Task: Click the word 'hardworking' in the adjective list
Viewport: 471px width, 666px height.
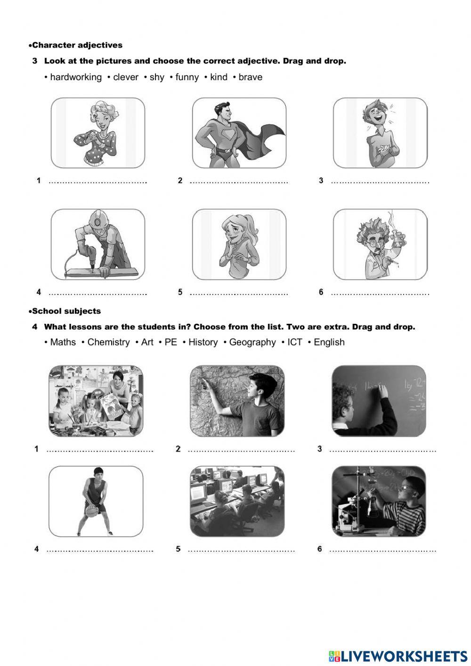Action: tap(75, 77)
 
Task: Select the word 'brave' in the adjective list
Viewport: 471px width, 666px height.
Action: tap(250, 77)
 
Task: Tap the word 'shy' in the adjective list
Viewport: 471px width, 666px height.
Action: tap(157, 77)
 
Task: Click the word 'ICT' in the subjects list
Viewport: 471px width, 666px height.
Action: tap(294, 342)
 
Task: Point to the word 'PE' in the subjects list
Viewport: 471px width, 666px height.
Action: tap(171, 342)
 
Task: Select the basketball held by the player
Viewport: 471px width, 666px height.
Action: tap(92, 510)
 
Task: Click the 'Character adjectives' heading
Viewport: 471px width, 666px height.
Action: tap(77, 45)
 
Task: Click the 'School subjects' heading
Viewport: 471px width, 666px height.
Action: tap(66, 311)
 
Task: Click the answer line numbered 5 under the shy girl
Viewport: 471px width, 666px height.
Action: tap(238, 293)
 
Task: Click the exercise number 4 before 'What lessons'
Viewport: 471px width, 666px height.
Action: tap(35, 327)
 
